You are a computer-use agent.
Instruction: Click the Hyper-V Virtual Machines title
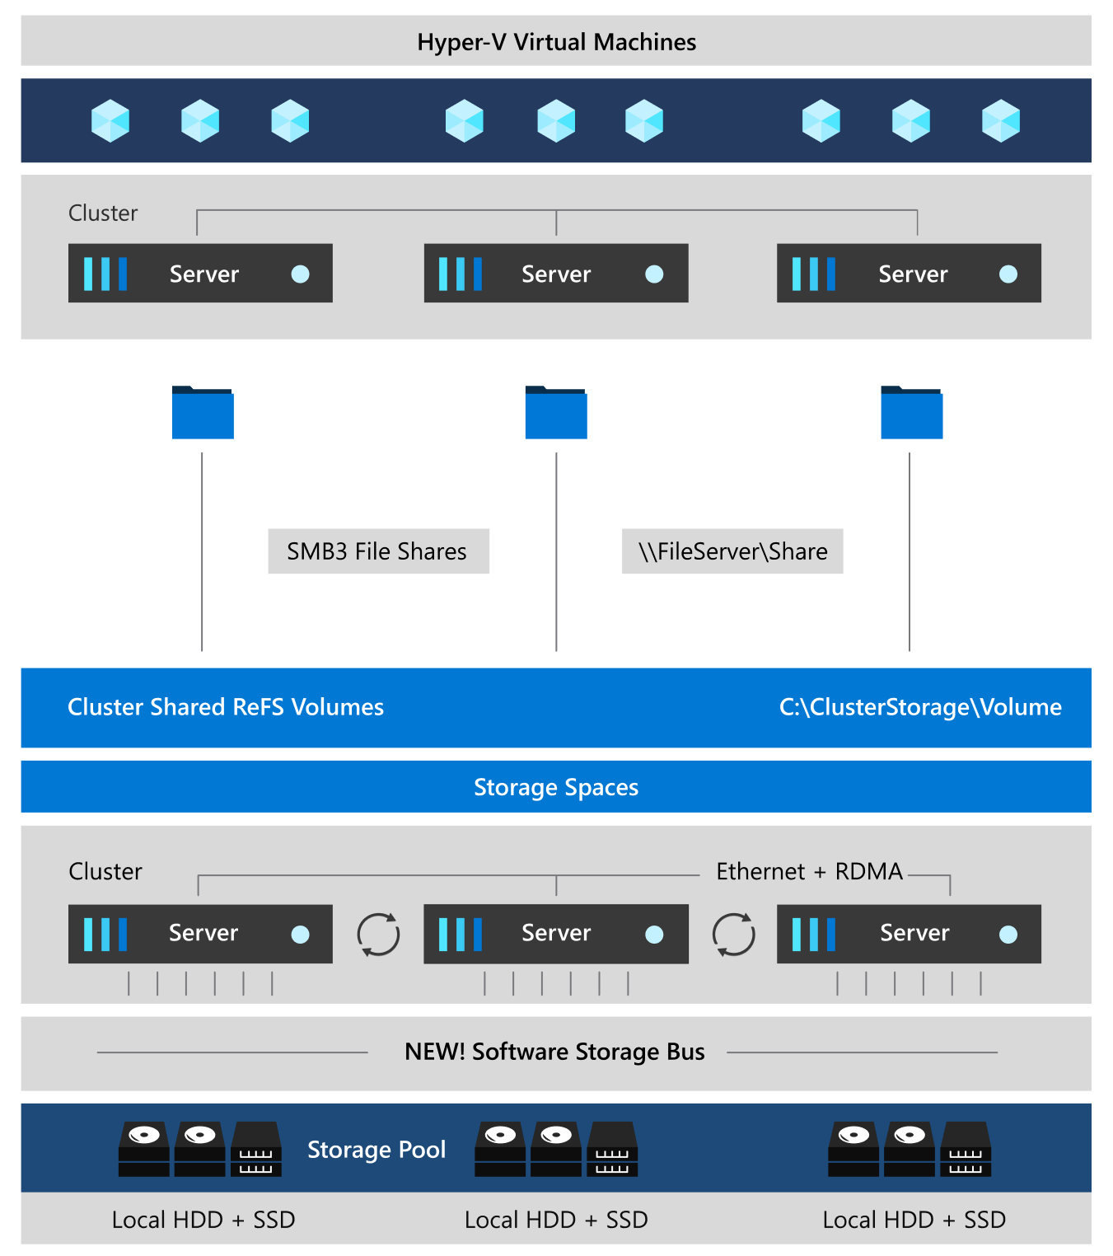556,42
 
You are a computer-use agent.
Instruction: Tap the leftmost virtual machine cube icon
110,121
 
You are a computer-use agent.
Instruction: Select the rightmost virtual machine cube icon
1000,121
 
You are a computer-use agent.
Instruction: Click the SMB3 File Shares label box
378,551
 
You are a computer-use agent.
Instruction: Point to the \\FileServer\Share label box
732,551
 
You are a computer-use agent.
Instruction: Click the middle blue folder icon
556,413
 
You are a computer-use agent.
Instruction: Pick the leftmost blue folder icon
203,413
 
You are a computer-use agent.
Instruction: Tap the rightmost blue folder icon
911,413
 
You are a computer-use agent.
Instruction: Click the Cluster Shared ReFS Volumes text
226,707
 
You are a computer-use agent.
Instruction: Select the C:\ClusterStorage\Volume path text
919,707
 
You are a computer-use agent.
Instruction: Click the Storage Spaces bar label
556,787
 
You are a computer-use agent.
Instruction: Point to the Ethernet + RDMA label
809,871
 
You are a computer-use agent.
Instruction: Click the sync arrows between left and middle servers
378,935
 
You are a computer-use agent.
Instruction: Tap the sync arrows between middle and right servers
733,935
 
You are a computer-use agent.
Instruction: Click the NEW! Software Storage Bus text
554,1052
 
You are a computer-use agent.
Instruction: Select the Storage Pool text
376,1149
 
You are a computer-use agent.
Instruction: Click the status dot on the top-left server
301,274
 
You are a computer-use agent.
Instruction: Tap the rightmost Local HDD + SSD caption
914,1220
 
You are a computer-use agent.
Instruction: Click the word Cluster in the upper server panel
103,213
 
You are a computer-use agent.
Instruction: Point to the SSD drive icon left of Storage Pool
256,1149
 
